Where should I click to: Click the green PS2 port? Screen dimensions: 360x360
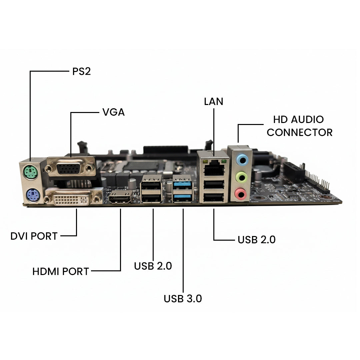click(30, 173)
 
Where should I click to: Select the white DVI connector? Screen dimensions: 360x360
click(73, 199)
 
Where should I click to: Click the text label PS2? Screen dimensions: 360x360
click(82, 72)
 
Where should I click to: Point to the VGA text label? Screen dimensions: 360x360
click(113, 112)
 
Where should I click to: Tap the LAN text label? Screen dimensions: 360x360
click(214, 102)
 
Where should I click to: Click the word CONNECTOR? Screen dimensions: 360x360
click(299, 132)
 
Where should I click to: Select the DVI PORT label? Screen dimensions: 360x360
click(34, 236)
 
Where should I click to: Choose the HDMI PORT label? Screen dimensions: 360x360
click(61, 271)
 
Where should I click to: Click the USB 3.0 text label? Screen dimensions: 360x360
click(183, 299)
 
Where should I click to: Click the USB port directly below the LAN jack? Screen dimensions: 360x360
click(213, 184)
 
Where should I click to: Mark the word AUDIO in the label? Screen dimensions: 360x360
click(308, 119)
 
